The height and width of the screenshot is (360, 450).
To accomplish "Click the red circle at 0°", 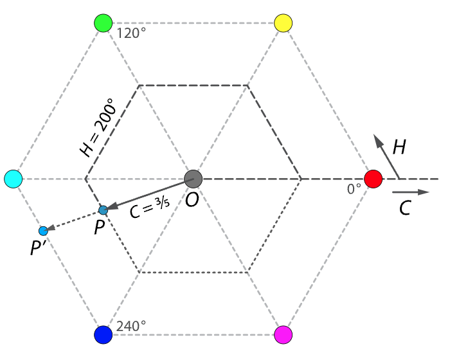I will pyautogui.click(x=373, y=179).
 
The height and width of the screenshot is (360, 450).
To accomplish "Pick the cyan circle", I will pyautogui.click(x=13, y=179).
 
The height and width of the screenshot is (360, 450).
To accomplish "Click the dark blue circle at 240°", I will pyautogui.click(x=103, y=335).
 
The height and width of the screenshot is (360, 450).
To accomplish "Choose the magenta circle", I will pyautogui.click(x=283, y=335).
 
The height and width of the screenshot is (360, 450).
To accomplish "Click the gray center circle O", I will pyautogui.click(x=194, y=179).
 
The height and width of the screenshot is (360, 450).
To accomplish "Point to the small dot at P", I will pyautogui.click(x=104, y=210).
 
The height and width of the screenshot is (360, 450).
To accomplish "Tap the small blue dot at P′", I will pyautogui.click(x=43, y=231).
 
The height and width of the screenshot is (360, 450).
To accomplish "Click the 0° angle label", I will pyautogui.click(x=354, y=189).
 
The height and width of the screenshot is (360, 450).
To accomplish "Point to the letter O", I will pyautogui.click(x=192, y=200).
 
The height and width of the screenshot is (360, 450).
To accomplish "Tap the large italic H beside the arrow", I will pyautogui.click(x=400, y=148).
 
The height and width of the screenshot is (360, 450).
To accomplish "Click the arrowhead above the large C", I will pyautogui.click(x=422, y=192).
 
